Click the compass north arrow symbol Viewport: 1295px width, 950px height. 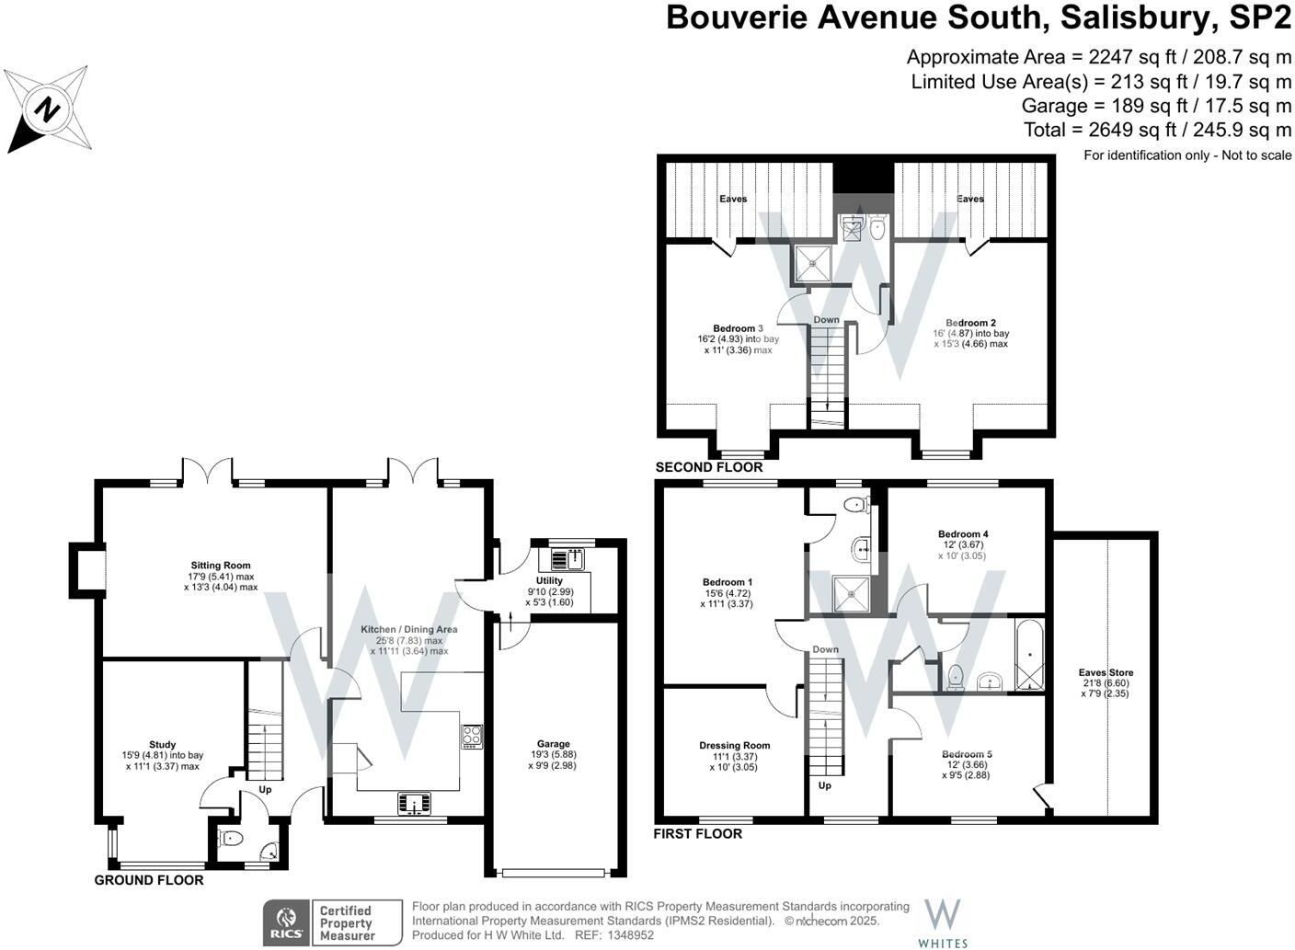(47, 109)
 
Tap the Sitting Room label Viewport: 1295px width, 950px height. (221, 566)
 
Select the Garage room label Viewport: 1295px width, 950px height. (554, 744)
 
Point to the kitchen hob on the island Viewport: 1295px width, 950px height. (472, 736)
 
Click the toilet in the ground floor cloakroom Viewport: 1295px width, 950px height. (230, 838)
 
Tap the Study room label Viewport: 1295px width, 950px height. (162, 745)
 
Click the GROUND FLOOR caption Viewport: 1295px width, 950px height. (149, 880)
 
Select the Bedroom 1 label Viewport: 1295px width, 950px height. (728, 582)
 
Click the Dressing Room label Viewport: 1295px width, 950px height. (734, 746)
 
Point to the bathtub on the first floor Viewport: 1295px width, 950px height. (1029, 655)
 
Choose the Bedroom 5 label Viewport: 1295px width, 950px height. (967, 754)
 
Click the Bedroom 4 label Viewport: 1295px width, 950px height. (963, 534)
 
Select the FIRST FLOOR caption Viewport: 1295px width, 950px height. (697, 834)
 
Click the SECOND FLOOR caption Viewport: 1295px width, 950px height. (709, 467)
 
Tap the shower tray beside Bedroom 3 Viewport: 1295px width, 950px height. (813, 263)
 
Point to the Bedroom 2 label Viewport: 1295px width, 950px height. (970, 323)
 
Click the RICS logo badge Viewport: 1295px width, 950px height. (286, 922)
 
